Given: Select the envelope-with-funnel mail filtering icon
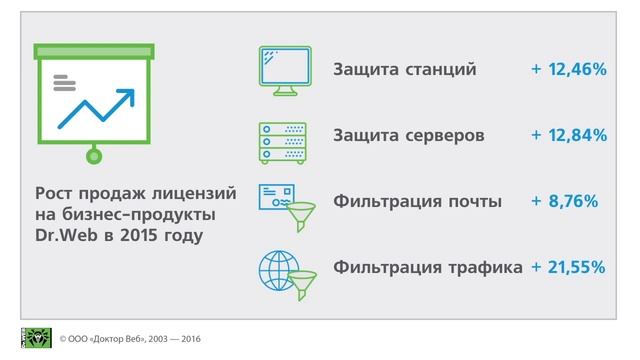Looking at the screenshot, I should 285,202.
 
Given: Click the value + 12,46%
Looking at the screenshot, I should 569,69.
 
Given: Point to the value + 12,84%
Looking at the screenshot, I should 569,135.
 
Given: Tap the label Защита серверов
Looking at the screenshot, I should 410,135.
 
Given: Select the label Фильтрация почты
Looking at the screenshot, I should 417,201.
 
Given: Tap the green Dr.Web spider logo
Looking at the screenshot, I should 36,338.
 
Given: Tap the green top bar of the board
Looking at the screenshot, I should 94,49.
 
